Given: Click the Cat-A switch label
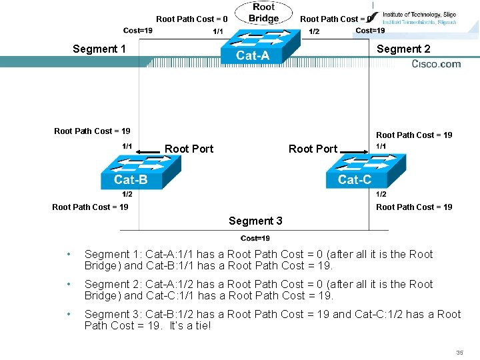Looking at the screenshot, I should point(253,56).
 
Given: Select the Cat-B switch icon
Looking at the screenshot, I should point(140,171).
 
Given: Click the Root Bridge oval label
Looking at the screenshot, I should point(263,13).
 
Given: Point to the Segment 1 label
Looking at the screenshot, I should point(99,49).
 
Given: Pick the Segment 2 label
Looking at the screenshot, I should point(403,49).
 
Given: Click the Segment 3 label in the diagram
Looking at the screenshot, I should point(255,221).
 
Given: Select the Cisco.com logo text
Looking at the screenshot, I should point(436,64).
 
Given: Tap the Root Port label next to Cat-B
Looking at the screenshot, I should point(189,149).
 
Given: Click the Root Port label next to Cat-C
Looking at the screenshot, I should point(313,149).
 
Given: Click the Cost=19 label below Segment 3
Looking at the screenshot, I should point(255,239).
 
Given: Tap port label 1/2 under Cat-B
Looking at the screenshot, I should point(127,194).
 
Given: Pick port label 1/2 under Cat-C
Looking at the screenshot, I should point(381,194).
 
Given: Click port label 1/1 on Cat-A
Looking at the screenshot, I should point(218,31).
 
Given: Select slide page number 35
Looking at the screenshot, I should point(459,352).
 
